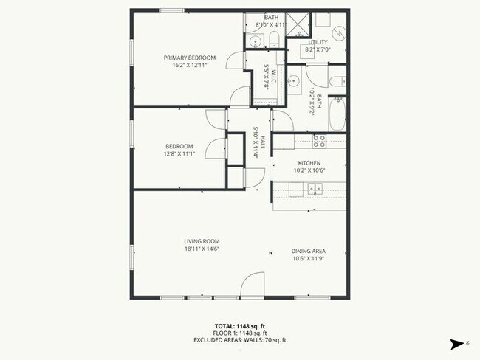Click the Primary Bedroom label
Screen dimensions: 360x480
(190, 58)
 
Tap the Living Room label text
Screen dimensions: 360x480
(202, 241)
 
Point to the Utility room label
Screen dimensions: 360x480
(318, 42)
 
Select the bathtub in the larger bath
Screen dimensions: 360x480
(337, 115)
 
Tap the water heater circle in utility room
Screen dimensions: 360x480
(339, 33)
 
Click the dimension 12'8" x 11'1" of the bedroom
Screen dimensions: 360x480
(179, 153)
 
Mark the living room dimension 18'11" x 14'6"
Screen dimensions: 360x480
(202, 249)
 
